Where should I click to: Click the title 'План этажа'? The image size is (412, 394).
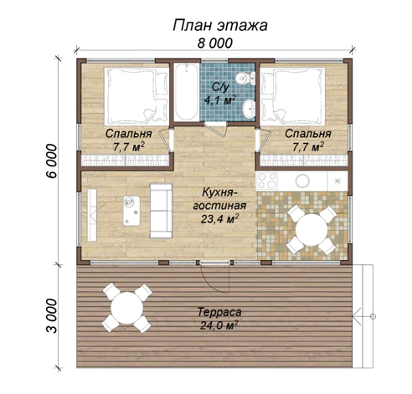click(x=220, y=25)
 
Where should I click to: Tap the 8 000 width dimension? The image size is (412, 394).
click(x=215, y=43)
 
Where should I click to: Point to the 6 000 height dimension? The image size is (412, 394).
click(x=52, y=161)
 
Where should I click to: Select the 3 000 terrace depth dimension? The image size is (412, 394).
click(x=52, y=316)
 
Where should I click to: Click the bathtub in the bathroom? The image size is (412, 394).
click(x=186, y=92)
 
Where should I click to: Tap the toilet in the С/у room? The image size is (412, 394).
click(x=245, y=78)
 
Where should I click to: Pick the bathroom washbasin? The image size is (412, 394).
click(x=249, y=109)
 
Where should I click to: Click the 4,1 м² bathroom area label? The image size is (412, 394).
click(x=220, y=100)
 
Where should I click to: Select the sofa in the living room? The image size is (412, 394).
click(x=161, y=211)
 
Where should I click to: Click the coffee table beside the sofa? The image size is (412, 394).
click(x=131, y=211)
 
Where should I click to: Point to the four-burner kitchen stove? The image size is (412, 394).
click(x=267, y=181)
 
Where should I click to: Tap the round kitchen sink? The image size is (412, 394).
click(x=302, y=181)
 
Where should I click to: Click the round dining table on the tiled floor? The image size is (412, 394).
click(x=312, y=230)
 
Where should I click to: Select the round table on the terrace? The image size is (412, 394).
click(x=127, y=308)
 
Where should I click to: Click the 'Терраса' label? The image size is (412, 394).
click(x=219, y=312)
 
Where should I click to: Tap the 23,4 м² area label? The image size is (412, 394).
click(x=220, y=219)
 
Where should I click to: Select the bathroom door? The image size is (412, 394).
click(x=215, y=129)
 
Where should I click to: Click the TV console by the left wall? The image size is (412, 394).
click(x=92, y=215)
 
